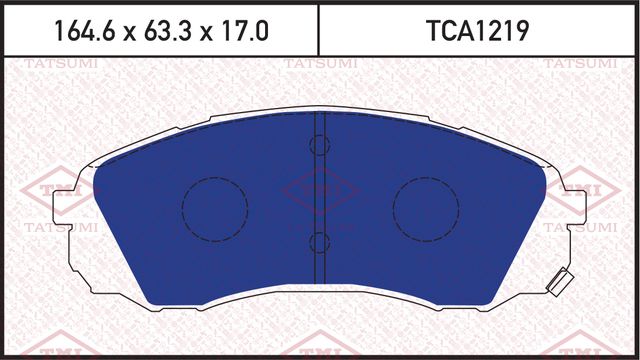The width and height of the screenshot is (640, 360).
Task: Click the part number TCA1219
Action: click(478, 31)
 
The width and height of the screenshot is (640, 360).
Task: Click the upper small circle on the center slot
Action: click(320, 146)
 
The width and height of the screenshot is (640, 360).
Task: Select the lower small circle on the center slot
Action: click(320, 242)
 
